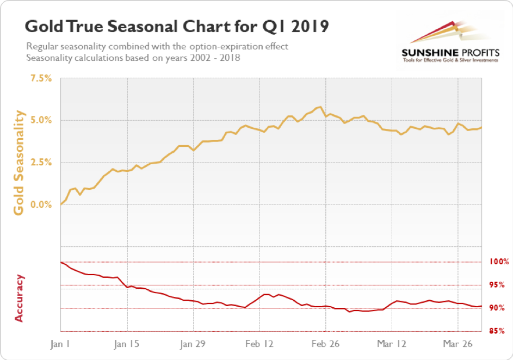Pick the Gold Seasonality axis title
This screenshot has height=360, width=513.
tap(20, 163)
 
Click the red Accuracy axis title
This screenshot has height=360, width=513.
tap(20, 298)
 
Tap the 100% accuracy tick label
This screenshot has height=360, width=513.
tap(497, 262)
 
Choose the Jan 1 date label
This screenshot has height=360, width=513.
tap(61, 344)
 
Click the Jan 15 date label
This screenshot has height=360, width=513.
tap(127, 344)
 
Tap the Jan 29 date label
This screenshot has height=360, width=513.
tap(194, 344)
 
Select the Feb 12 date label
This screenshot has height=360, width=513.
tap(259, 344)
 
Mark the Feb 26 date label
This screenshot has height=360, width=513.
tap(325, 344)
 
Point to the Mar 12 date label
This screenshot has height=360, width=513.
tap(392, 344)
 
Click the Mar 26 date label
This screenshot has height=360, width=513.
tap(458, 344)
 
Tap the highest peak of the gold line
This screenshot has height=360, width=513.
tap(320, 107)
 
